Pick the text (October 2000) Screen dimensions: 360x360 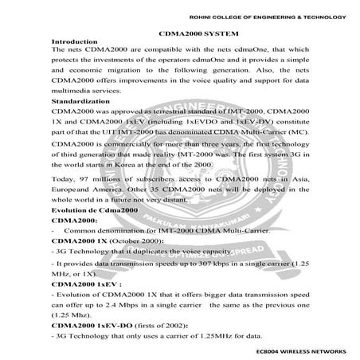pyautogui.click(x=128, y=239)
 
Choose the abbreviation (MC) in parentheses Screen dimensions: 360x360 pyautogui.click(x=303, y=131)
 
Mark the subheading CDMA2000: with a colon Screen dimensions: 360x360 pyautogui.click(x=74, y=218)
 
